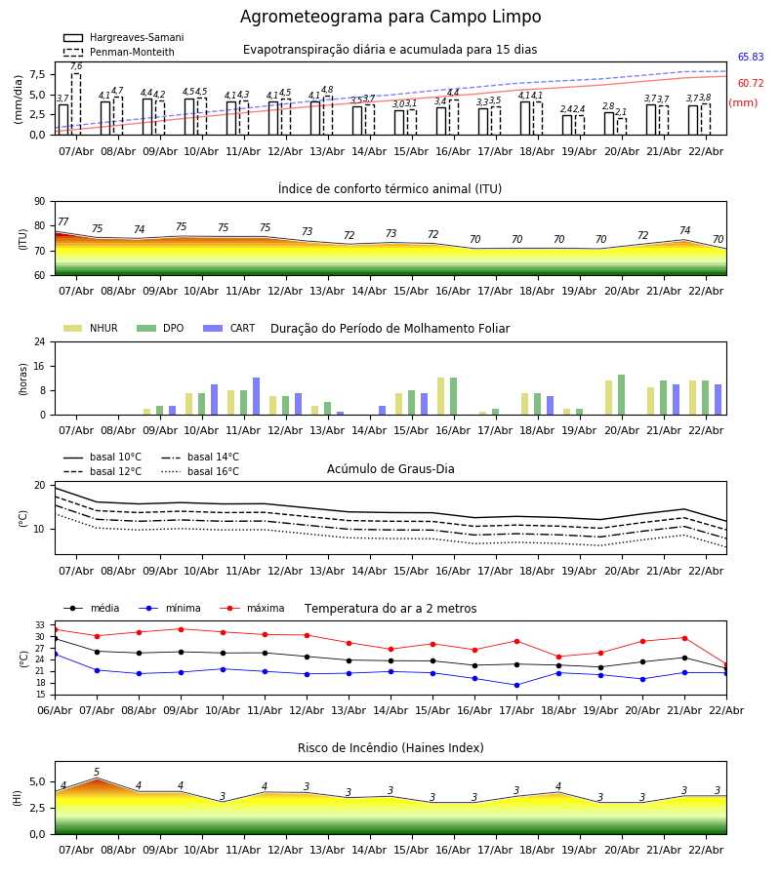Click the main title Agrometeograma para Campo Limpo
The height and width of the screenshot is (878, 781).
pos(390,18)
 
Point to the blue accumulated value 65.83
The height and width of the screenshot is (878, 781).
pos(750,58)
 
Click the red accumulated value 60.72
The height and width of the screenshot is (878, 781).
pos(750,84)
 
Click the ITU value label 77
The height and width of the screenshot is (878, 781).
pos(63,222)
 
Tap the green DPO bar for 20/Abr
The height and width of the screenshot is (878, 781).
pos(621,395)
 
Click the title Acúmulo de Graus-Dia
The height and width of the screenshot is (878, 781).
pos(390,469)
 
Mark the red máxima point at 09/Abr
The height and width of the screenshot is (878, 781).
pos(181,629)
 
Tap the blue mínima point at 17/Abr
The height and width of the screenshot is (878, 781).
pos(516,685)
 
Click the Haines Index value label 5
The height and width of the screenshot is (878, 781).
pos(97,773)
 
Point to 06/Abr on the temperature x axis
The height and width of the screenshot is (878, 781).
pos(55,710)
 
